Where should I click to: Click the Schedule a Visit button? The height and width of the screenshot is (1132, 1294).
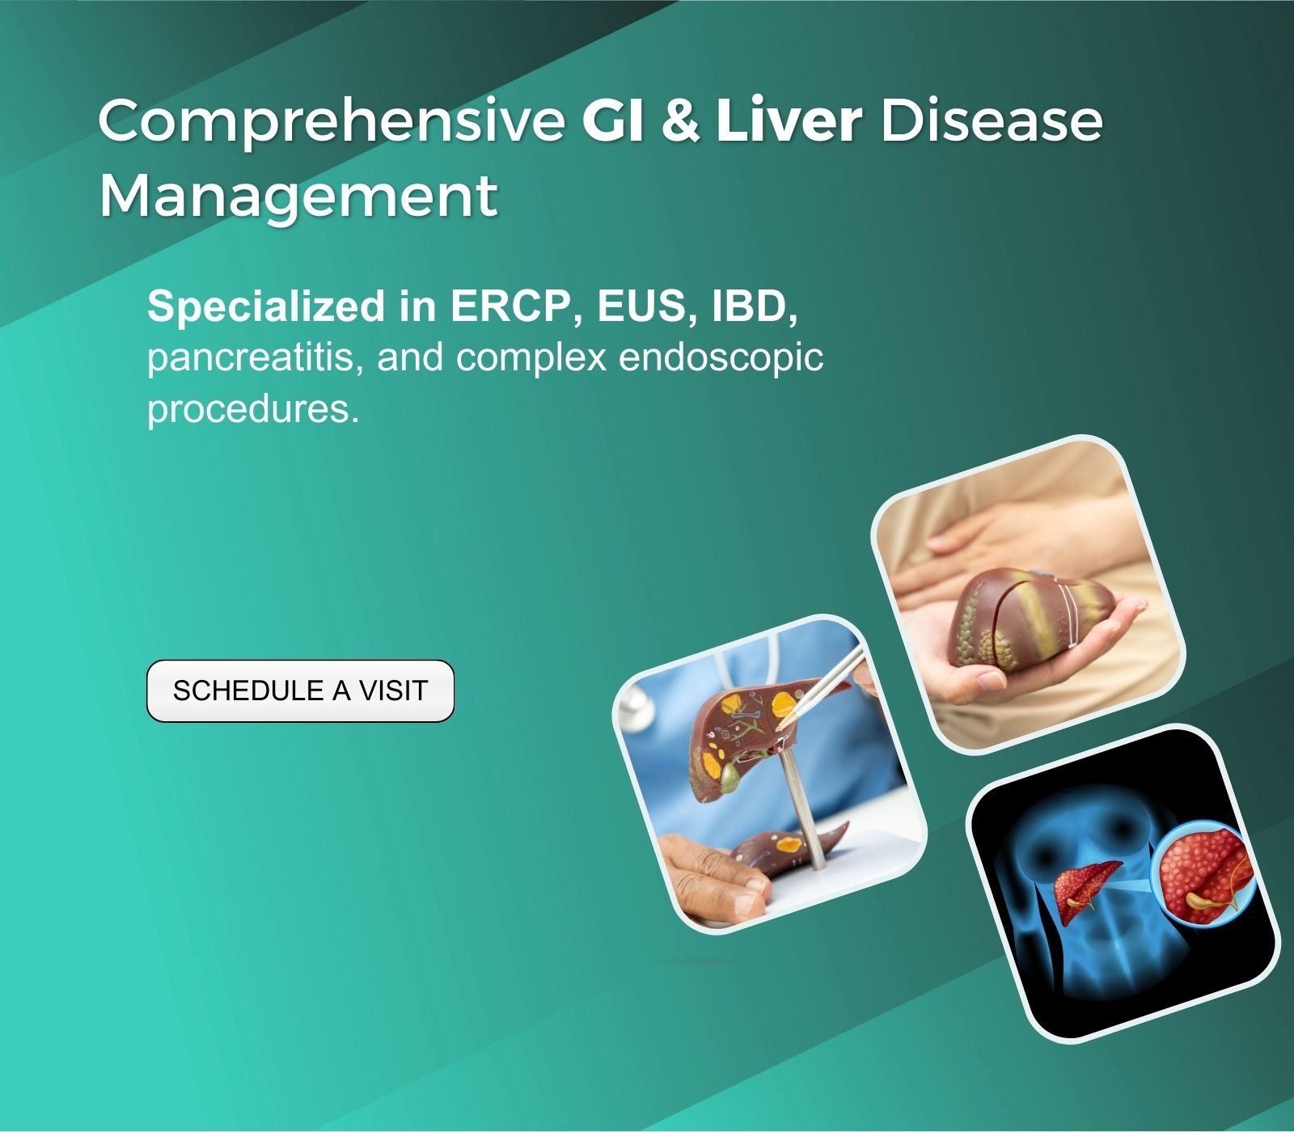300,691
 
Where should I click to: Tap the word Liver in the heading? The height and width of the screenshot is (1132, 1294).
789,119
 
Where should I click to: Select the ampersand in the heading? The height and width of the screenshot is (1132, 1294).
680,120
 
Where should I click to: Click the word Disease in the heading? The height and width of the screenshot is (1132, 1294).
992,120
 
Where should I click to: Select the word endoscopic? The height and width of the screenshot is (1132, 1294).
721,358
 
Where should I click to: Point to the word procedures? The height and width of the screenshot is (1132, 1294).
253,409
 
